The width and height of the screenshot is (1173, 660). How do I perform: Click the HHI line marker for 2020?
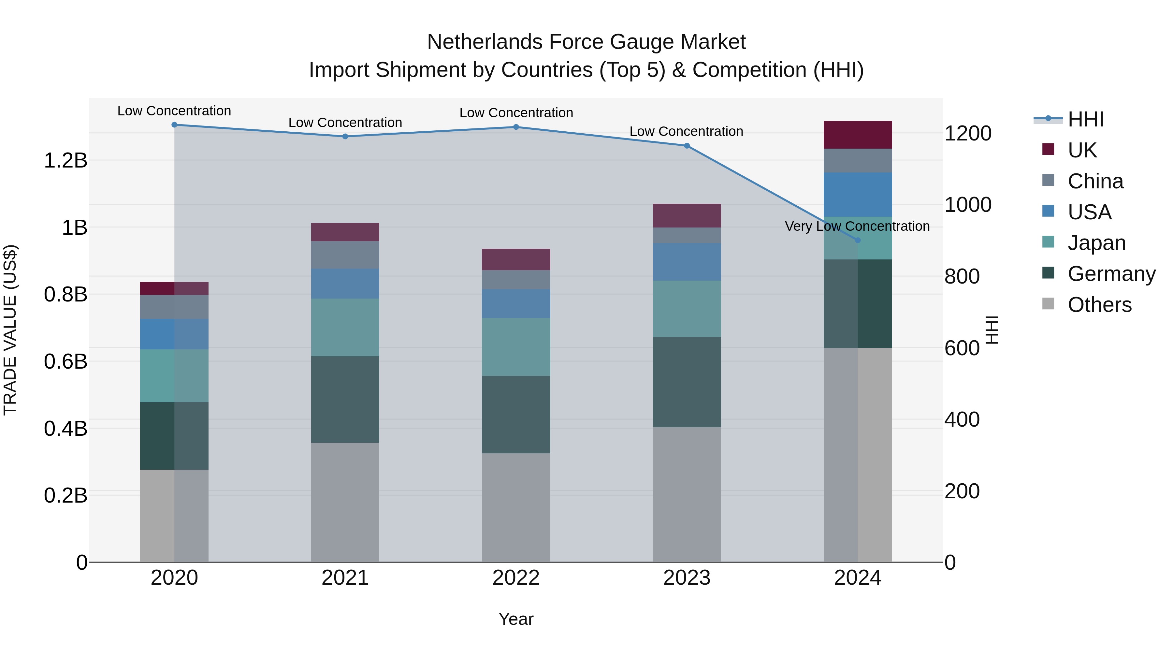click(x=174, y=125)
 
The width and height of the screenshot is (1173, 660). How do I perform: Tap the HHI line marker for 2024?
click(x=858, y=240)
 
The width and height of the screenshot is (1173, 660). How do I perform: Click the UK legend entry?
click(x=1081, y=150)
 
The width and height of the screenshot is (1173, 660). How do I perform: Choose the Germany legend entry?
click(x=1111, y=274)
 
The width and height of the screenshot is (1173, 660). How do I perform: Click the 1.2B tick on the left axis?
click(x=65, y=160)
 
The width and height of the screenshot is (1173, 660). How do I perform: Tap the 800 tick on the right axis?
click(x=962, y=276)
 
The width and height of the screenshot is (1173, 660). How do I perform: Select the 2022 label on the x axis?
click(x=516, y=578)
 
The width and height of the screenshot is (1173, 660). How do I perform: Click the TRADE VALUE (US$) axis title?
click(x=10, y=330)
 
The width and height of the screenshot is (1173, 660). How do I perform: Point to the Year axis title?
click(x=516, y=619)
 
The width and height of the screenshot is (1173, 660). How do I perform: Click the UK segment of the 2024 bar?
click(x=858, y=135)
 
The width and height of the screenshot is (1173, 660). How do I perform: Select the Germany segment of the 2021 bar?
click(x=345, y=400)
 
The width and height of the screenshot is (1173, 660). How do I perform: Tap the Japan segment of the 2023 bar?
click(x=687, y=309)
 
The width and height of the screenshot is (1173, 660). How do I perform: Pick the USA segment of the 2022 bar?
click(x=516, y=303)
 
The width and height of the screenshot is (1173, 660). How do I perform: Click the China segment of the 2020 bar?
click(x=174, y=307)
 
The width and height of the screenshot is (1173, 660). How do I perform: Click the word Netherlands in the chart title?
click(x=485, y=42)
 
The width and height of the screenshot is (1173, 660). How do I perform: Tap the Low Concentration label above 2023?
click(x=686, y=131)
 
